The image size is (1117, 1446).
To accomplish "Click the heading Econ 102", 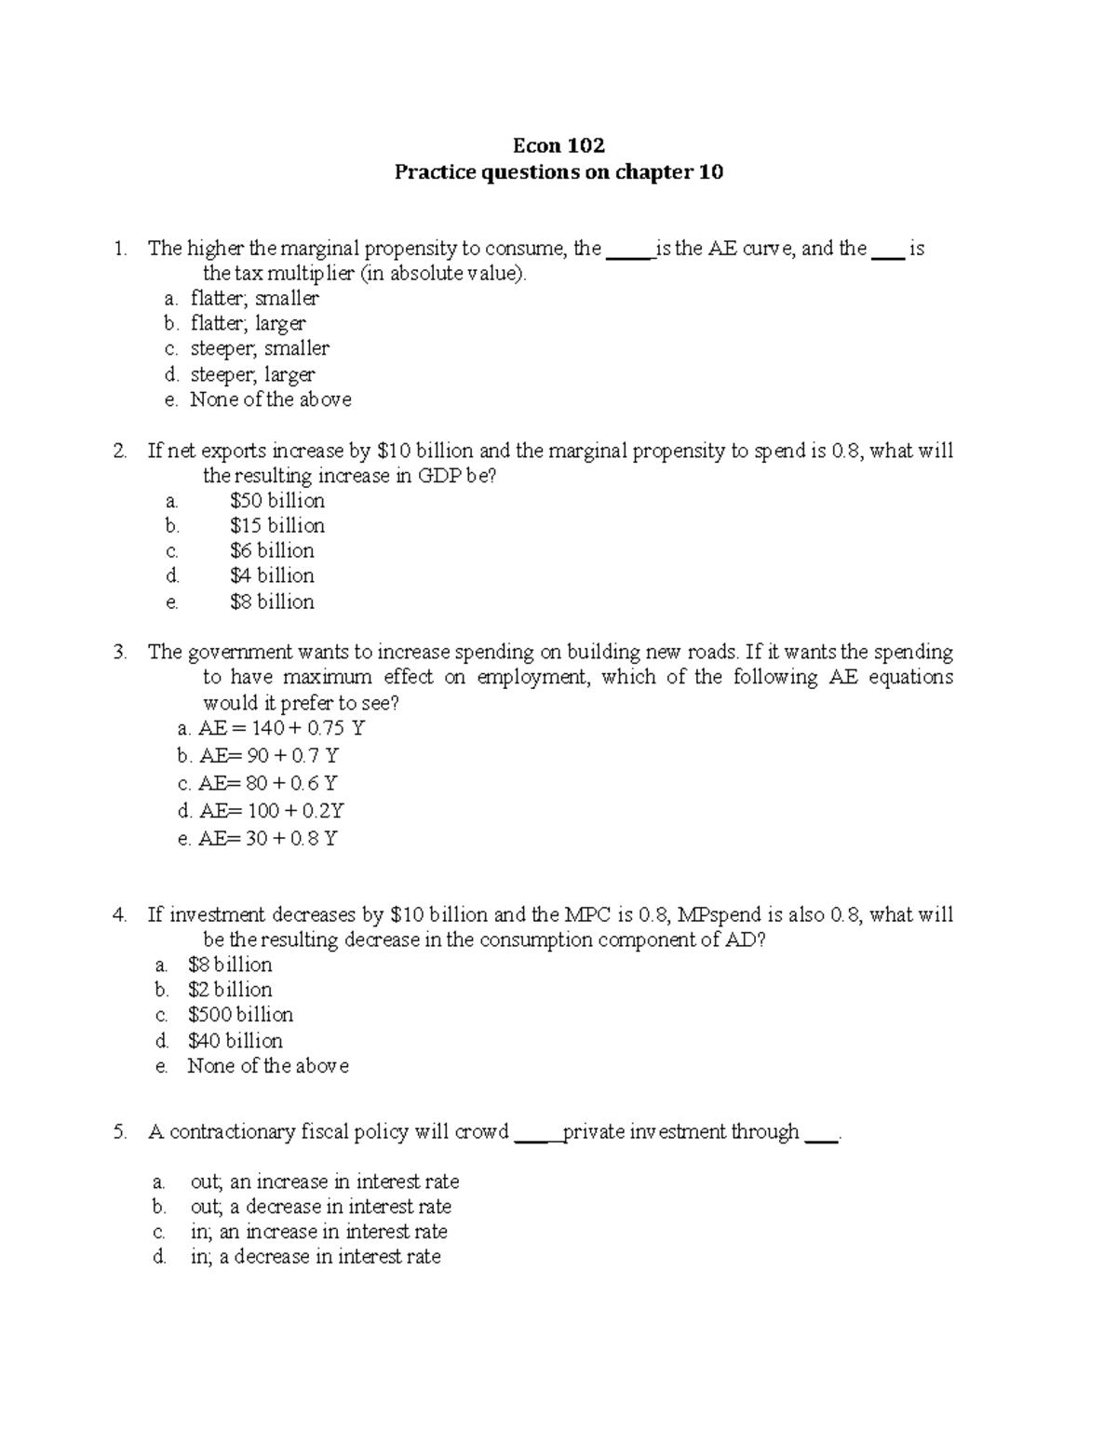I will point(558,145).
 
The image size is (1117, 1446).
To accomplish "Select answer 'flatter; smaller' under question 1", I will point(254,299).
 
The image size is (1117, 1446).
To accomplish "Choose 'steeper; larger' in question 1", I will point(252,374).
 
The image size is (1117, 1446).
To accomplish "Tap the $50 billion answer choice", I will point(277,501).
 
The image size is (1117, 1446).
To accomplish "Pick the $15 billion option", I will point(277,526).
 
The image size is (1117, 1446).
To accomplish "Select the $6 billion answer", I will point(272,551).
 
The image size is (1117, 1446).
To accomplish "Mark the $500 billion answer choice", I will point(240,1015).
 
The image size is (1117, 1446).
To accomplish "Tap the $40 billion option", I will point(235,1040).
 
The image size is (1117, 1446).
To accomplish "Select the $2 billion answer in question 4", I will point(230,990).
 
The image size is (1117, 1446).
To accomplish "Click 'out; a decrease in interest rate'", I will point(320,1207).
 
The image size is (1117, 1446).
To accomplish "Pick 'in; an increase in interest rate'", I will point(318,1232).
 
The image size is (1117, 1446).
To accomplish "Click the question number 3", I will point(118,653).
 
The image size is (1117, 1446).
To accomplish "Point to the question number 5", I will point(118,1132).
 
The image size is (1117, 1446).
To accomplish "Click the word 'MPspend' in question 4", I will point(718,915).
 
